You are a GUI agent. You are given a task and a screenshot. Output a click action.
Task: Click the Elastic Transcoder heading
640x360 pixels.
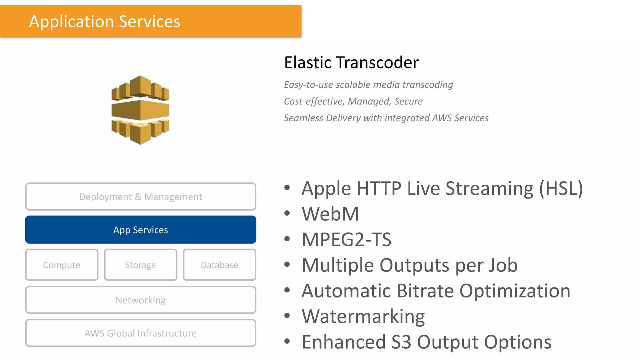pos(351,62)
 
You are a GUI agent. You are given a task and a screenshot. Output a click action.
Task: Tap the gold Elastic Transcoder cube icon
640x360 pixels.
pos(140,110)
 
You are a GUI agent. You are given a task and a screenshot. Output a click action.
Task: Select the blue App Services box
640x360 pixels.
pos(141,230)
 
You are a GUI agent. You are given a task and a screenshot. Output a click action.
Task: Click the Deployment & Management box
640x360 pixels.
pos(141,197)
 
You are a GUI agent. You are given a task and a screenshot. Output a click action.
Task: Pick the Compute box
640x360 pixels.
pos(62,265)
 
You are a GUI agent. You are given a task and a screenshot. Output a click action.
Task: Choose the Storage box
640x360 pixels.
pos(141,265)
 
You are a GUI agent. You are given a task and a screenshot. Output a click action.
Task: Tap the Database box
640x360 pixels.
pos(219,265)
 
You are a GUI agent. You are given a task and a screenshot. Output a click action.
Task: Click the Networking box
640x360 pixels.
pos(141,300)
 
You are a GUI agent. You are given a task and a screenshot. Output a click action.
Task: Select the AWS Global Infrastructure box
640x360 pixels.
pos(141,333)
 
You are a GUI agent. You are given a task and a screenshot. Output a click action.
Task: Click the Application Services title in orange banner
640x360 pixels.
pos(105,22)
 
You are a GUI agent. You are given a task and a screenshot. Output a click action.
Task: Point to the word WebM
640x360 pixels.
pos(330,214)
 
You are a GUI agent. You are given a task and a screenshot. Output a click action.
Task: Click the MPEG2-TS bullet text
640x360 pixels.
pos(346,240)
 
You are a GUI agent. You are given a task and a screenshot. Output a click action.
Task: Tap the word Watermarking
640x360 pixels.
pos(363,317)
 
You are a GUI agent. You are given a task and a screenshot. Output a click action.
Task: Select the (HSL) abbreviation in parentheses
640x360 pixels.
pos(561,188)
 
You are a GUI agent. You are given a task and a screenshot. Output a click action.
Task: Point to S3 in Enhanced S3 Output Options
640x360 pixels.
pos(401,342)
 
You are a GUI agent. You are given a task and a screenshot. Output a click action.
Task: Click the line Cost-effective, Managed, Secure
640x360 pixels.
pos(353,101)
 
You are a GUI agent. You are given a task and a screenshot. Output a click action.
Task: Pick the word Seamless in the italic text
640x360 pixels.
pos(303,118)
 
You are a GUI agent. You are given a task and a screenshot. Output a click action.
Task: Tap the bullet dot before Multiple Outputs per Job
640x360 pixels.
pos(287,264)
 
